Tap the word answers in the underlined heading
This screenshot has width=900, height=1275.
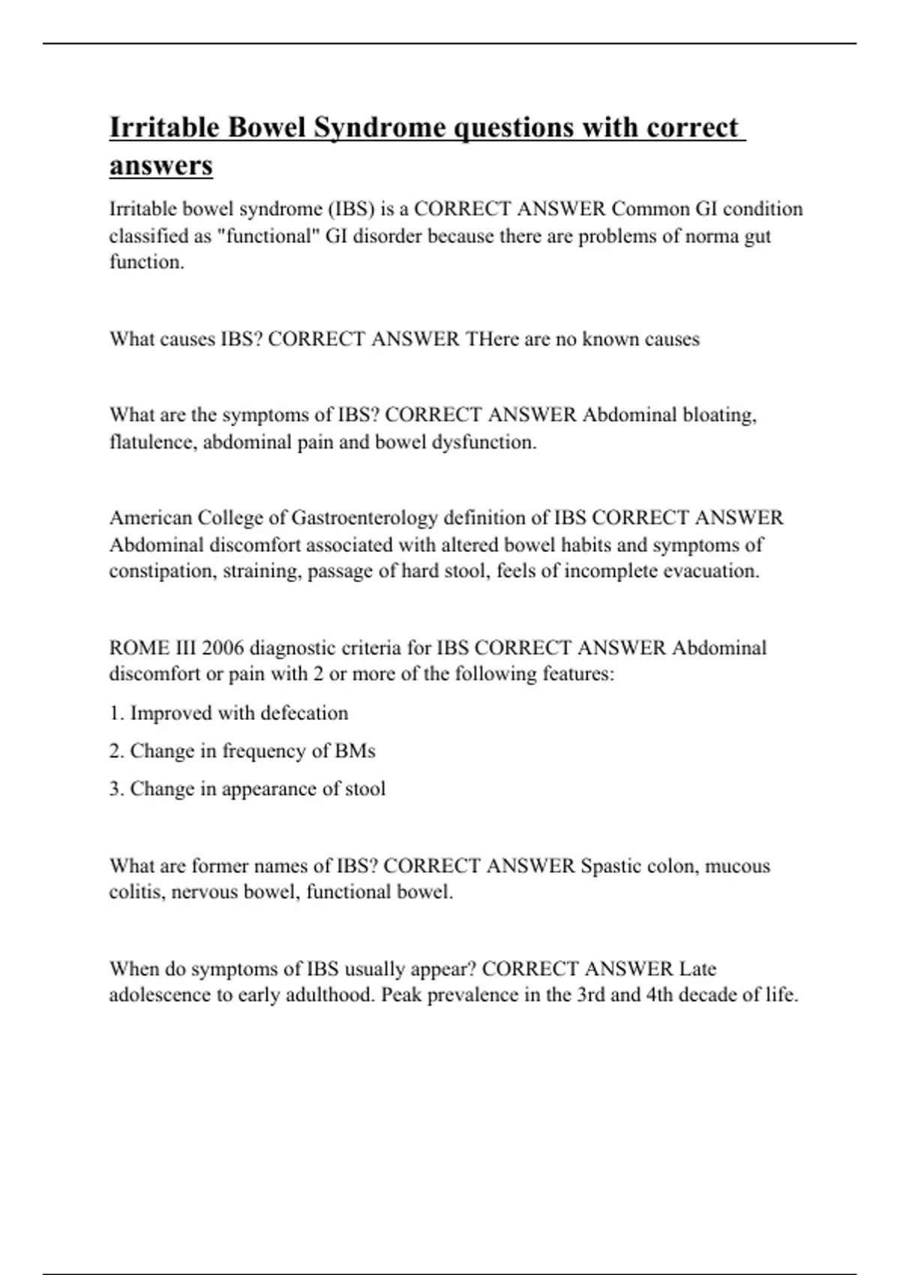point(161,166)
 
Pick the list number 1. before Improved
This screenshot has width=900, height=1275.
point(116,713)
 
